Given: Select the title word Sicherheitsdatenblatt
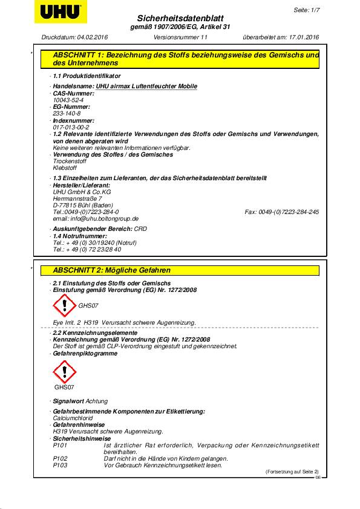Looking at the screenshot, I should pos(181,19).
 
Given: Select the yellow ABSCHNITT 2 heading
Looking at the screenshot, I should pos(176,270).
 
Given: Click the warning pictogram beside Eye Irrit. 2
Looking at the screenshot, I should pos(64,305).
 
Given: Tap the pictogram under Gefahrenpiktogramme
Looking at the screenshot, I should pos(64,372).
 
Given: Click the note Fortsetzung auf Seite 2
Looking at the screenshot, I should pos(292,471).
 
